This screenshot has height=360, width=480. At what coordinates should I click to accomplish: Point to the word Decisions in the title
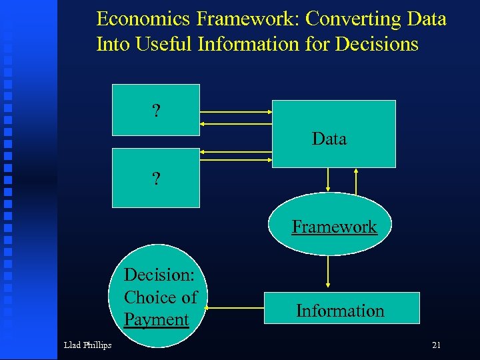tap(377, 44)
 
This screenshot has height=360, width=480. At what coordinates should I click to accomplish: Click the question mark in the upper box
tap(156, 111)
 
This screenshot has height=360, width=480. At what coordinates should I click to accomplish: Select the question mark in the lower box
tap(156, 179)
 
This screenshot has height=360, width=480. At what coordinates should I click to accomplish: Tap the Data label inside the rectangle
tap(329, 139)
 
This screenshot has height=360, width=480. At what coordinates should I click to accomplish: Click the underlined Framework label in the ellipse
tap(334, 227)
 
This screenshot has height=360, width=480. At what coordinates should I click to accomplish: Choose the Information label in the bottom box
tap(340, 311)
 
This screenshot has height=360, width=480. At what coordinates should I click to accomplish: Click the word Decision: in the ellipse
tap(158, 275)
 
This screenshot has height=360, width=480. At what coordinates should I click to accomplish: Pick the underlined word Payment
tap(157, 319)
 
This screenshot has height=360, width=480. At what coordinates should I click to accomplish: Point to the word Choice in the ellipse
tap(147, 297)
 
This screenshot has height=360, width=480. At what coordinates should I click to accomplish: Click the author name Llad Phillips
tap(87, 345)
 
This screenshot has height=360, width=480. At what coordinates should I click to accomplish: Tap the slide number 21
tap(437, 345)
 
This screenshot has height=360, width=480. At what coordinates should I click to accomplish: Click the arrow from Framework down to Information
tap(327, 273)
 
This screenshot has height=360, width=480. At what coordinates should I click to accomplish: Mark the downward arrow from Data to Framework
tap(327, 180)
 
